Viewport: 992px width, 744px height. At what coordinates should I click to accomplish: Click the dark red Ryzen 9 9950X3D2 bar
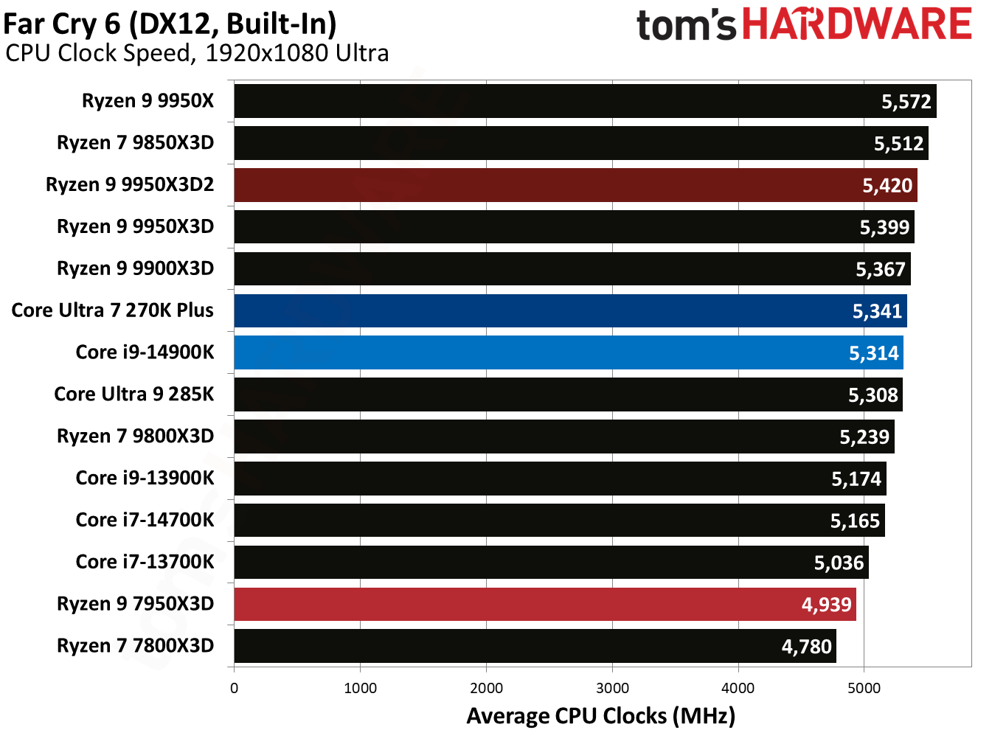[575, 185]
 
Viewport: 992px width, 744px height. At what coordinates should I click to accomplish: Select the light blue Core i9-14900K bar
[568, 352]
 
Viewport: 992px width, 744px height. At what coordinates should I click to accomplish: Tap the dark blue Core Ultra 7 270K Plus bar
[570, 310]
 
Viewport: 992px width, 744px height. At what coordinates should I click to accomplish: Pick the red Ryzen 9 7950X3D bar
[544, 604]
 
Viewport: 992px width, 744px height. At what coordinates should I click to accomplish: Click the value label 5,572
[906, 102]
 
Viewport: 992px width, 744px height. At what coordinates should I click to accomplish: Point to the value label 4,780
[806, 647]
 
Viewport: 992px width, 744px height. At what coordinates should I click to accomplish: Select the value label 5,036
[839, 563]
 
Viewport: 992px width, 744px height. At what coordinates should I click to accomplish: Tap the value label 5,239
[864, 437]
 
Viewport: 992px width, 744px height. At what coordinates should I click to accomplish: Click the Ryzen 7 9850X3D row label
[135, 142]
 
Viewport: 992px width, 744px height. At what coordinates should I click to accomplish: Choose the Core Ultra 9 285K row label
[133, 394]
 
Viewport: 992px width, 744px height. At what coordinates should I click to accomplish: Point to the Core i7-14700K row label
[145, 520]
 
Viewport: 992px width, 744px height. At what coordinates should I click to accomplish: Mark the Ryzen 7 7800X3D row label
[135, 645]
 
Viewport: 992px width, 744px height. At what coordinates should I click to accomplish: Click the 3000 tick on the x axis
[612, 688]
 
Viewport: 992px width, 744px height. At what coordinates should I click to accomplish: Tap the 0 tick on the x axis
[234, 688]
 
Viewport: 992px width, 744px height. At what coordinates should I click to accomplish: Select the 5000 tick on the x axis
[864, 688]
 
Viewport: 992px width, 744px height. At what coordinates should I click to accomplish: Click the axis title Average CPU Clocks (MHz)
[600, 716]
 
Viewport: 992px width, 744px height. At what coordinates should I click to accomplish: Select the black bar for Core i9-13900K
[560, 479]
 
